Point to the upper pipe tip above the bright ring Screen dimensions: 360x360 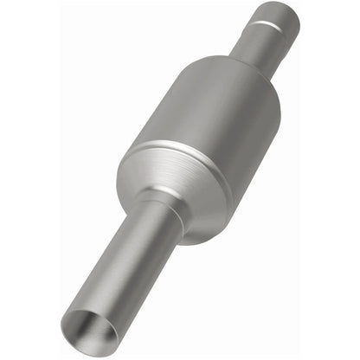pos(279,16)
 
